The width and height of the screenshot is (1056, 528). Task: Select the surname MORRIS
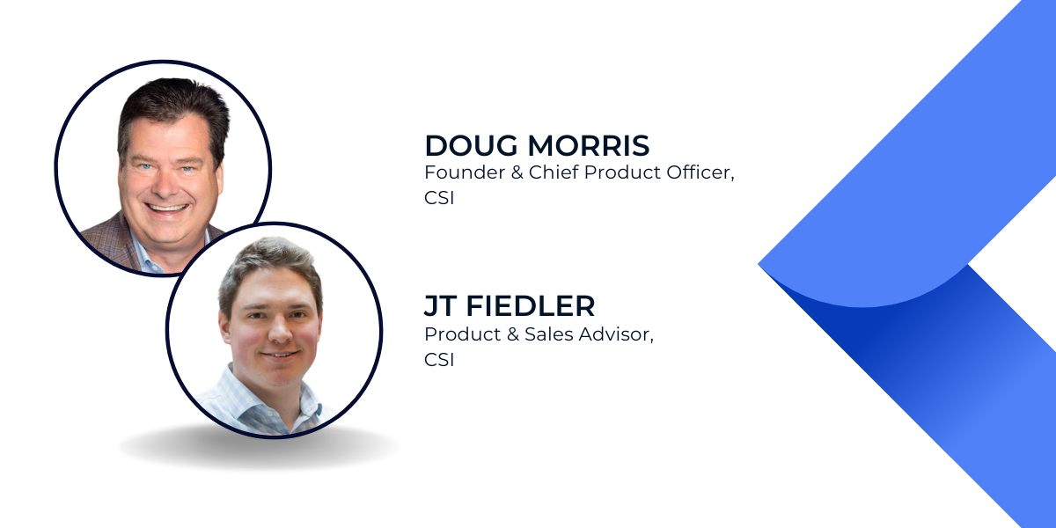click(589, 145)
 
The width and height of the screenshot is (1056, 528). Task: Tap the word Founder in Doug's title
click(465, 172)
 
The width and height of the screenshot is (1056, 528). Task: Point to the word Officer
click(700, 173)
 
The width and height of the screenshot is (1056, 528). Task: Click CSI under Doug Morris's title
click(439, 198)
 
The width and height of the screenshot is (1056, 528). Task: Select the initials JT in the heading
click(440, 306)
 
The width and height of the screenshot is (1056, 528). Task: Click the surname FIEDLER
click(531, 306)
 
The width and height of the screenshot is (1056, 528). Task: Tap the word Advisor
click(616, 334)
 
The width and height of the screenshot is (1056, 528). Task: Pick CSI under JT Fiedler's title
click(439, 360)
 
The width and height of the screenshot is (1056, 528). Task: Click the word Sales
click(549, 334)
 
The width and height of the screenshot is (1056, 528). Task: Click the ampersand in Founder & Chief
click(517, 172)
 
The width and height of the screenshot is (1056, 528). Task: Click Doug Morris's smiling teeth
click(166, 208)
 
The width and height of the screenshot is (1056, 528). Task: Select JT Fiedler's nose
click(280, 331)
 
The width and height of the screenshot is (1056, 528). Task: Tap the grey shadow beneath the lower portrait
click(260, 448)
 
